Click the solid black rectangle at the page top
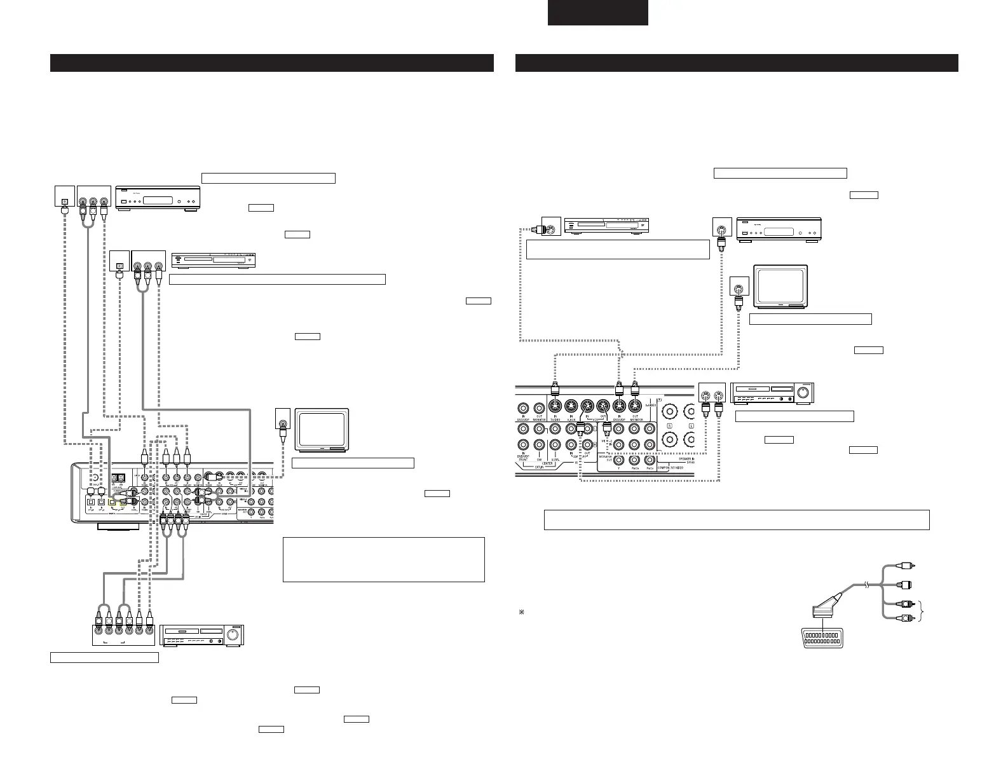598,13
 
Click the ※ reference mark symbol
520,612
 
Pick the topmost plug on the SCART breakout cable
909,565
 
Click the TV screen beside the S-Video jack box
779,285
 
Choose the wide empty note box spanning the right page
737,519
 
